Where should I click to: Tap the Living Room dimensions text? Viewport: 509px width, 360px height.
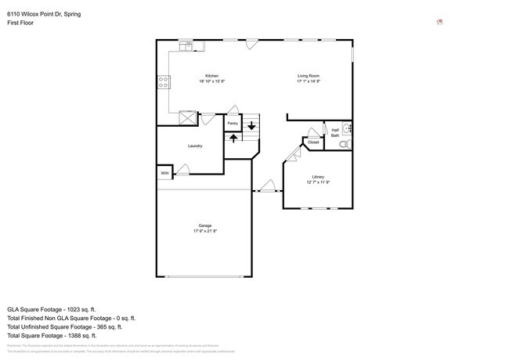(308, 81)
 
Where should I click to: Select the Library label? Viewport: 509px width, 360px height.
(317, 177)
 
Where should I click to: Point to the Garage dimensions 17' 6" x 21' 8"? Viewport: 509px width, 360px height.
(204, 231)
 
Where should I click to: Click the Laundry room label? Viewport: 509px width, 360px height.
(195, 146)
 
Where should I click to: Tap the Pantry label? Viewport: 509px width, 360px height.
(233, 123)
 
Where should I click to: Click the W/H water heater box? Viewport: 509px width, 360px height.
(164, 172)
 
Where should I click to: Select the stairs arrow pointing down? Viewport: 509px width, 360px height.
(251, 124)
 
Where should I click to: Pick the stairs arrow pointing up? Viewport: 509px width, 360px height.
(233, 138)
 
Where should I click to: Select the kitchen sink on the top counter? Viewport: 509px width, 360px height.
(189, 45)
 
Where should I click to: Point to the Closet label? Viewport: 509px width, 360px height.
(313, 142)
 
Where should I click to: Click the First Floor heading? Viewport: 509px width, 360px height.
(20, 23)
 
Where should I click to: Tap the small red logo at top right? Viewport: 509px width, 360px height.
(439, 22)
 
